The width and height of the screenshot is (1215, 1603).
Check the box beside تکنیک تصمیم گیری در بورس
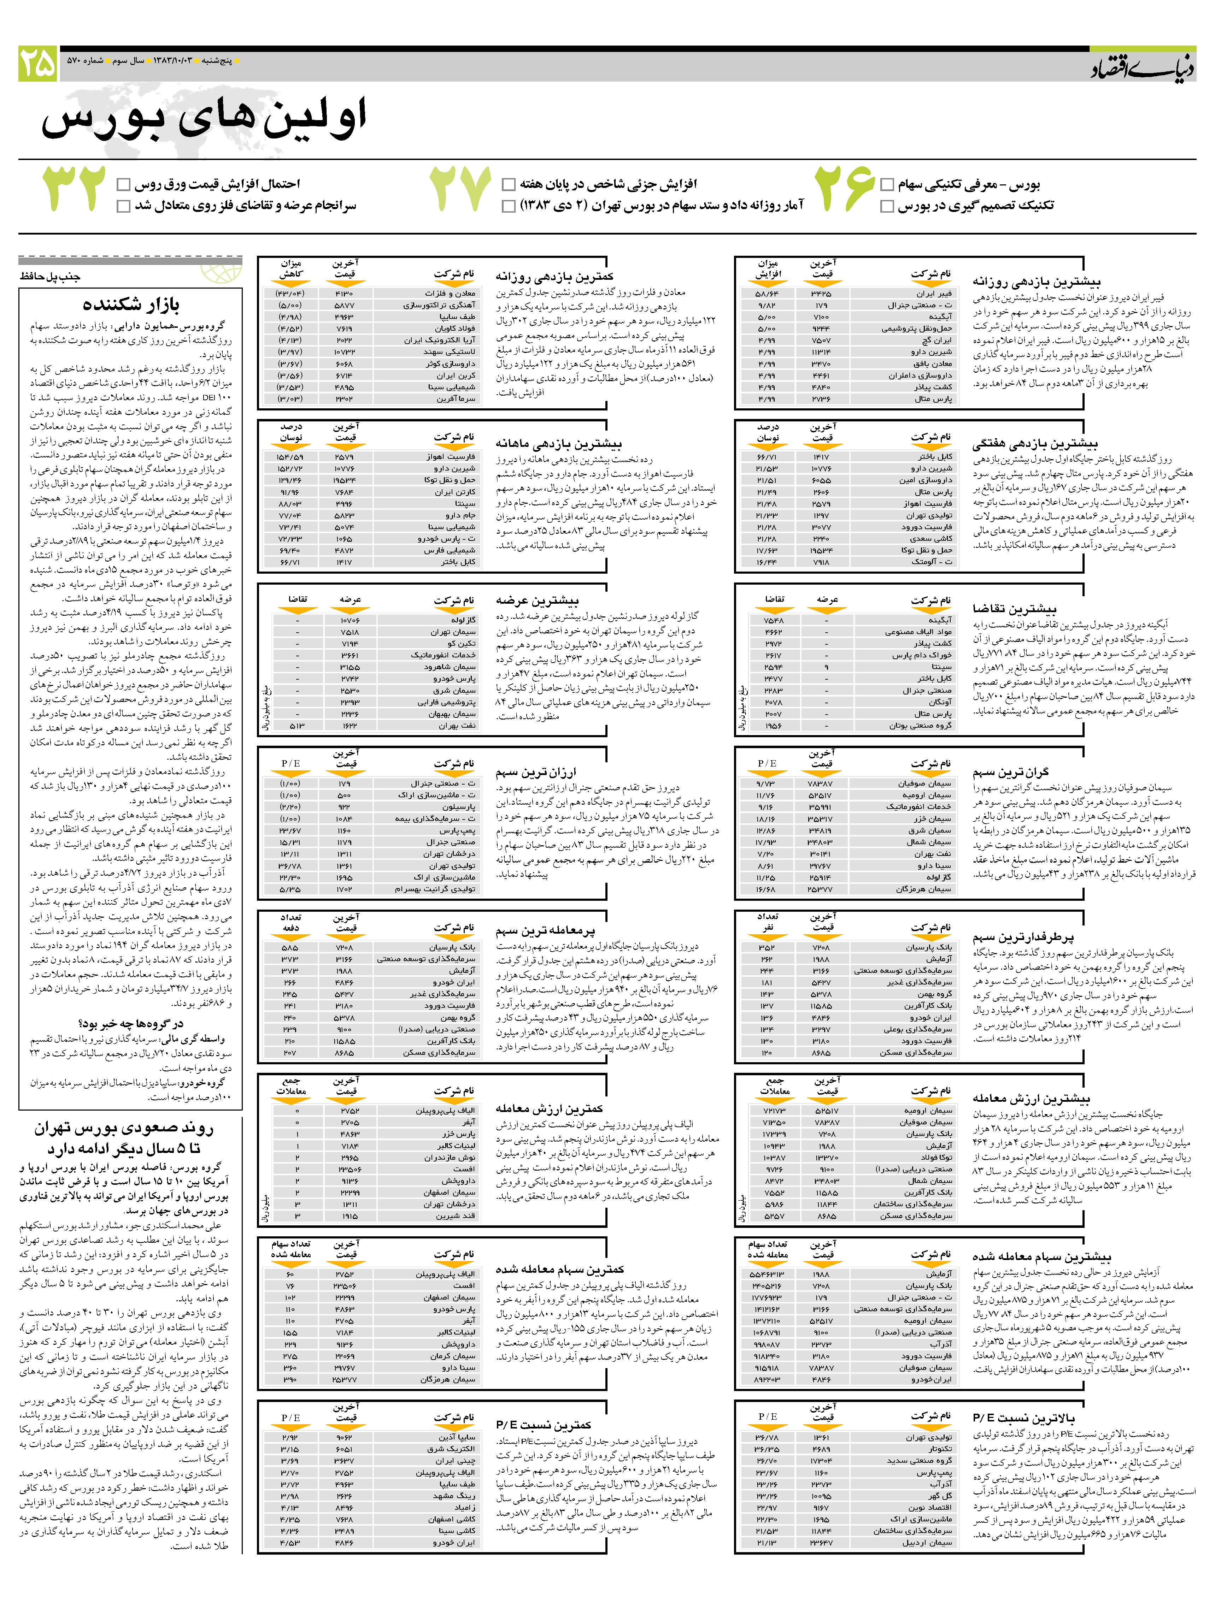point(887,207)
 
